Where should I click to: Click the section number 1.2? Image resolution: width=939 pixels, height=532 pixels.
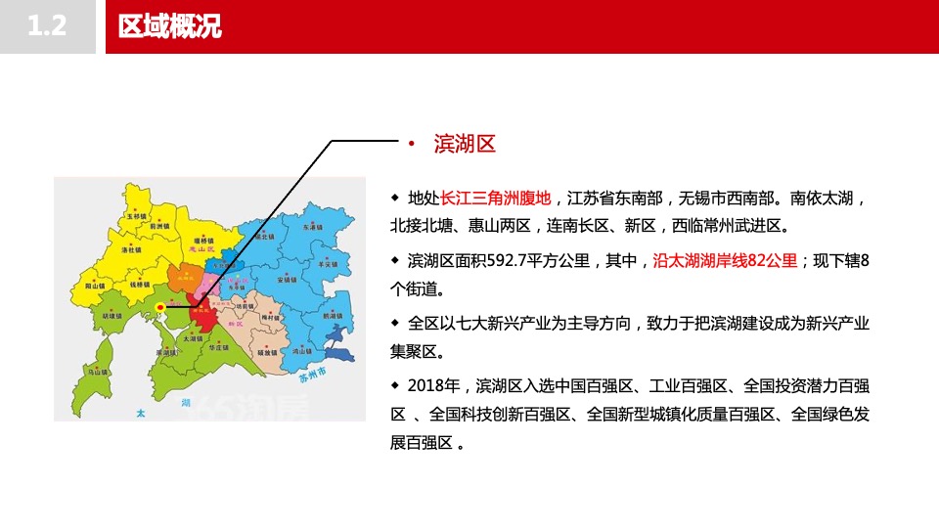(x=47, y=26)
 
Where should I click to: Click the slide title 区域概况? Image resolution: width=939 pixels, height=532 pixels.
(x=169, y=26)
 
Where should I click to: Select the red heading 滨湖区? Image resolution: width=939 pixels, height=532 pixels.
(x=466, y=145)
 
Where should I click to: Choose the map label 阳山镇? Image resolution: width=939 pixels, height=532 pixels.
(x=96, y=288)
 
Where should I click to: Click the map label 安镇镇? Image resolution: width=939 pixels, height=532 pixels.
(x=287, y=280)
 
